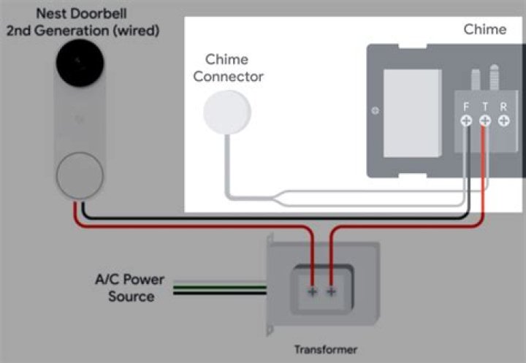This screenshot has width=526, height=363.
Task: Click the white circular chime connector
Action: point(226,112)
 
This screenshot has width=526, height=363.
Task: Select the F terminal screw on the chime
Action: point(466,121)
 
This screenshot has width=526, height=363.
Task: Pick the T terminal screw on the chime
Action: point(484,121)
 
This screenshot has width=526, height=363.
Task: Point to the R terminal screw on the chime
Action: point(503,121)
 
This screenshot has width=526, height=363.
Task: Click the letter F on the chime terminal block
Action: point(466,106)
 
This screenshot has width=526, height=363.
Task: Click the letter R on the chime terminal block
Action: point(503,106)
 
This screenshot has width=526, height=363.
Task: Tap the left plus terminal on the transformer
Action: point(312,291)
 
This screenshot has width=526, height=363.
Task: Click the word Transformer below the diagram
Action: point(326,350)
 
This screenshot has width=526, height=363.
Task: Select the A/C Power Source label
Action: point(130,289)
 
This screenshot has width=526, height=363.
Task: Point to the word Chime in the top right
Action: point(484,29)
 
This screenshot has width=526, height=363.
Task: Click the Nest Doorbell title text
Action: point(80,13)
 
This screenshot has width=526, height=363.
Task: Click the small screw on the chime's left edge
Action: point(376,111)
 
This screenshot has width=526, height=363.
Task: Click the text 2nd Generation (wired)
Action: point(82,31)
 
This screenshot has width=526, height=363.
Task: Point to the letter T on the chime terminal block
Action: point(484,106)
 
